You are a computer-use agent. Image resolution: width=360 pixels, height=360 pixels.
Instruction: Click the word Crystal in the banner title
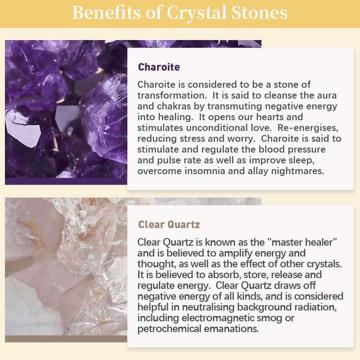coord(197,13)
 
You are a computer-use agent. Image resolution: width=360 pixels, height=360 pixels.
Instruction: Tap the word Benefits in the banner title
coord(106,12)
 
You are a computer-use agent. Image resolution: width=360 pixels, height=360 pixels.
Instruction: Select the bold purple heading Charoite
coord(159,67)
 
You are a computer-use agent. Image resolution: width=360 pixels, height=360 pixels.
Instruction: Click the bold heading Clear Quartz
coord(169,225)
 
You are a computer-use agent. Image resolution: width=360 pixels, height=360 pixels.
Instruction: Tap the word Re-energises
coord(308,128)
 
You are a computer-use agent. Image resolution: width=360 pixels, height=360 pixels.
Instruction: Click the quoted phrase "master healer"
coord(302,242)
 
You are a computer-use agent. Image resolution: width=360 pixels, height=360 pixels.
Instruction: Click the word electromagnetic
coord(229,318)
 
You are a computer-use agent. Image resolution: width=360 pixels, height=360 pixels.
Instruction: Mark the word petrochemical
coord(169,329)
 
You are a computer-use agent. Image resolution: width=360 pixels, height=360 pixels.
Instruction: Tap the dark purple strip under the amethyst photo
coord(66,181)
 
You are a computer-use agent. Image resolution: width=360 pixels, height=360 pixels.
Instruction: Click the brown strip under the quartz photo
coord(66,339)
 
